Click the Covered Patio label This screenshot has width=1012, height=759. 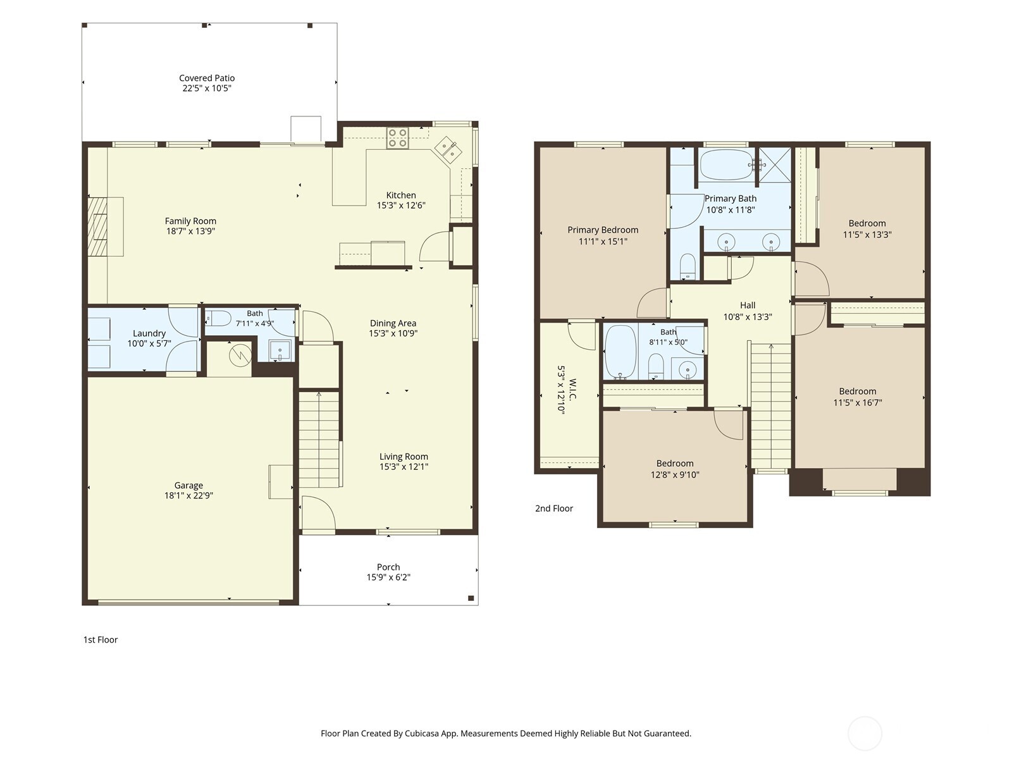[x=207, y=78]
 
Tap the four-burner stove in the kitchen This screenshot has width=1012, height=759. [x=397, y=139]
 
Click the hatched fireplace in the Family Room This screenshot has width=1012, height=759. [x=97, y=226]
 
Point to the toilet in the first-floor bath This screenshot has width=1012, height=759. [x=218, y=318]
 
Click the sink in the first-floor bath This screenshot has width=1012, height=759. [x=280, y=350]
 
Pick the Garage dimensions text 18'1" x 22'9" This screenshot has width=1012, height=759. [x=188, y=495]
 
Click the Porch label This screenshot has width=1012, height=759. [x=388, y=567]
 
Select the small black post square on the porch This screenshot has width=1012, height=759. [x=471, y=598]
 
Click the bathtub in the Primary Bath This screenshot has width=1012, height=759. [x=727, y=164]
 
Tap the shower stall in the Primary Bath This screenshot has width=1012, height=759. [x=775, y=164]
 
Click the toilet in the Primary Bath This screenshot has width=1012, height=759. [x=688, y=266]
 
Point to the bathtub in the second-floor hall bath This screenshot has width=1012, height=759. [x=620, y=351]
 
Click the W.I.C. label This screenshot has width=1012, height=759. [x=573, y=390]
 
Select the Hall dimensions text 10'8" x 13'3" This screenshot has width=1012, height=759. [x=748, y=317]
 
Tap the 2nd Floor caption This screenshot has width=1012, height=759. [x=553, y=509]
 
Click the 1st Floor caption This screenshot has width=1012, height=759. [x=100, y=639]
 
